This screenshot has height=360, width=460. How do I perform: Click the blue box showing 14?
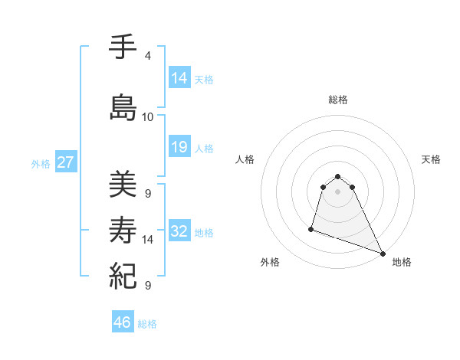(x=179, y=77)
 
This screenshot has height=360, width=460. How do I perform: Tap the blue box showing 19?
(x=179, y=147)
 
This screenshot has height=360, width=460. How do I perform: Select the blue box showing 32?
(x=179, y=232)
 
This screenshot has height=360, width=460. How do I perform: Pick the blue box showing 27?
(x=66, y=163)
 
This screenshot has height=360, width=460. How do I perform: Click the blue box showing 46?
(x=123, y=322)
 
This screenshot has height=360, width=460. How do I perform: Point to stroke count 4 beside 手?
(x=147, y=57)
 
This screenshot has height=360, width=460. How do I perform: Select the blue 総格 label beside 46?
(x=147, y=324)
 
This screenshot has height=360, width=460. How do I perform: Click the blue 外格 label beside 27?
(x=41, y=164)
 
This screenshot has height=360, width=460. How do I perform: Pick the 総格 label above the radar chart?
(x=338, y=100)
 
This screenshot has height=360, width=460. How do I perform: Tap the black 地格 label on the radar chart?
(x=402, y=262)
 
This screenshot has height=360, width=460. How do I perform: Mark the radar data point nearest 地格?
(x=383, y=254)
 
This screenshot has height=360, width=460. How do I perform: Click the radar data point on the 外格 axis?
(x=311, y=228)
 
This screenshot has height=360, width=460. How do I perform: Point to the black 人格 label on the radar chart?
(x=245, y=159)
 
